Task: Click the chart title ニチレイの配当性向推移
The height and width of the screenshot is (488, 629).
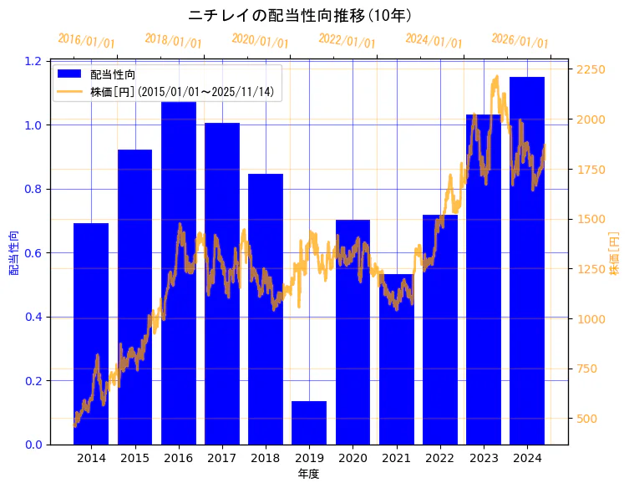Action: (300, 15)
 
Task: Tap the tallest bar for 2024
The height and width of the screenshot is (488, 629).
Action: (527, 260)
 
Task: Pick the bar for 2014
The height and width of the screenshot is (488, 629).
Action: (91, 333)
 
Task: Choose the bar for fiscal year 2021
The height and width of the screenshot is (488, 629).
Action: (396, 358)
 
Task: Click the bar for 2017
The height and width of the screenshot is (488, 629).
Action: (222, 283)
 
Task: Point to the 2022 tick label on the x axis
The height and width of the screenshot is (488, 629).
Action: (439, 458)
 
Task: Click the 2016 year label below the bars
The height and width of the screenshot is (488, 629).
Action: (178, 458)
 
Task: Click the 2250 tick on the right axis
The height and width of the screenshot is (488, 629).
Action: (591, 69)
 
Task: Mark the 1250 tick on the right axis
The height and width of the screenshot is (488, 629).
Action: (591, 269)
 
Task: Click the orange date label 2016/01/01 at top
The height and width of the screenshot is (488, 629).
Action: (87, 40)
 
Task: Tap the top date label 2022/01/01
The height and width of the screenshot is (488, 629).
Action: (347, 40)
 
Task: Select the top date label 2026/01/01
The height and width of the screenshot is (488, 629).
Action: (520, 40)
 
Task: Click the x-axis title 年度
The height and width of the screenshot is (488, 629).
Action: (308, 474)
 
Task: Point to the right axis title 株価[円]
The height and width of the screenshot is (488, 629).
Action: (615, 254)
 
